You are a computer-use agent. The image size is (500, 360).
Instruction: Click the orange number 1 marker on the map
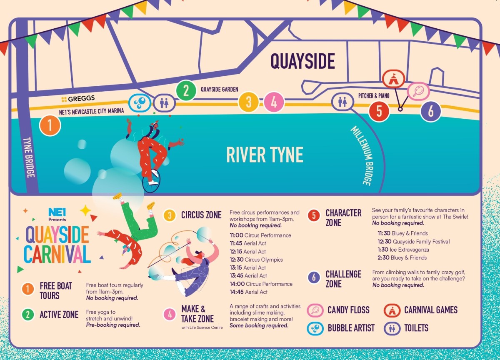pos(50,125)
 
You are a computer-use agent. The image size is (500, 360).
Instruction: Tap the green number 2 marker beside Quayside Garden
pos(186,90)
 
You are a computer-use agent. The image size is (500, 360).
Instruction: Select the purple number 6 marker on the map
pos(430,111)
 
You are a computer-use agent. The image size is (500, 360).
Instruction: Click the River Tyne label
pos(265,155)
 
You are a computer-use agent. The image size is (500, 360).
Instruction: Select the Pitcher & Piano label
pos(373,96)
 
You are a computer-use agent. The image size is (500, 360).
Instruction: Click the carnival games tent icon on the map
pos(393,79)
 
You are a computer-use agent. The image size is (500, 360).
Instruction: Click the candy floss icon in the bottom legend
pos(315,310)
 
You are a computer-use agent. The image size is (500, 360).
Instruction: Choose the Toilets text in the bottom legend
pos(416,328)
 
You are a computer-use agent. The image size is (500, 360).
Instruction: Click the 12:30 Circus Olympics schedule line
pos(256,260)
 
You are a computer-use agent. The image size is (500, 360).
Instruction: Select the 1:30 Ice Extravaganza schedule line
pos(403,250)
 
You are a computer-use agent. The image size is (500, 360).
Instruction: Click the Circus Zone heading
pos(201,215)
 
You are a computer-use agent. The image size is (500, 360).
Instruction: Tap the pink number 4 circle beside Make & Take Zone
pos(170,314)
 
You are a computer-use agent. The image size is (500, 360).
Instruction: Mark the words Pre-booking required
pos(113,325)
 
